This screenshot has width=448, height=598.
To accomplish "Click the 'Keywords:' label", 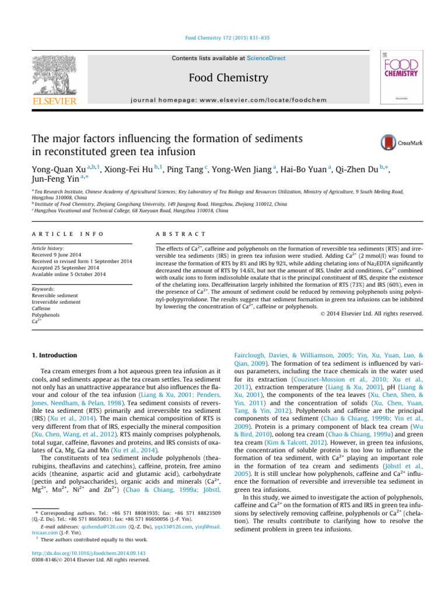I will tap(44, 289).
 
